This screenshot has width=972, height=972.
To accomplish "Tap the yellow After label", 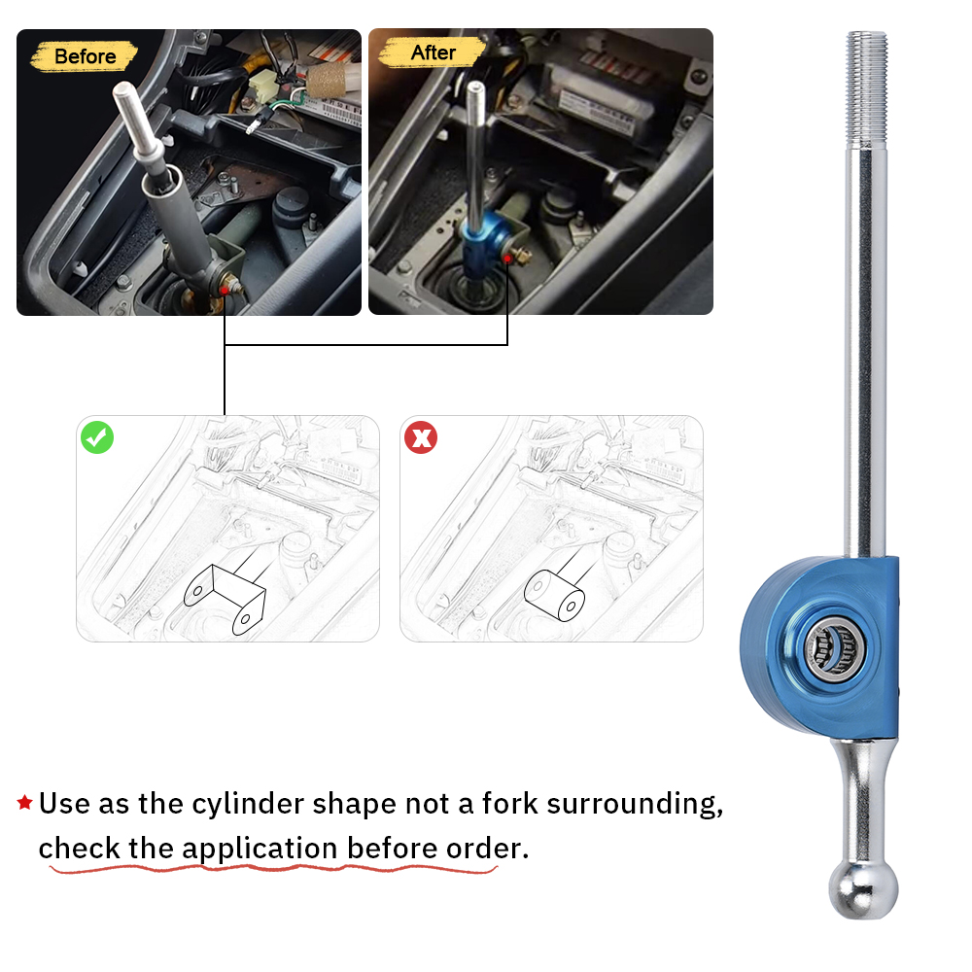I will pyautogui.click(x=432, y=52).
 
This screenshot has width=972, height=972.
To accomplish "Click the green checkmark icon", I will pyautogui.click(x=97, y=437).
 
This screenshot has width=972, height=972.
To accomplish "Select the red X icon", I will pyautogui.click(x=420, y=437).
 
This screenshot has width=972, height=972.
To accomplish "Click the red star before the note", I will pyautogui.click(x=25, y=803).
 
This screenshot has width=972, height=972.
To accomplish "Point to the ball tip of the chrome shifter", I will pyautogui.click(x=863, y=886).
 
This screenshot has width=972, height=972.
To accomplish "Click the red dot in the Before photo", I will pyautogui.click(x=225, y=289).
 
